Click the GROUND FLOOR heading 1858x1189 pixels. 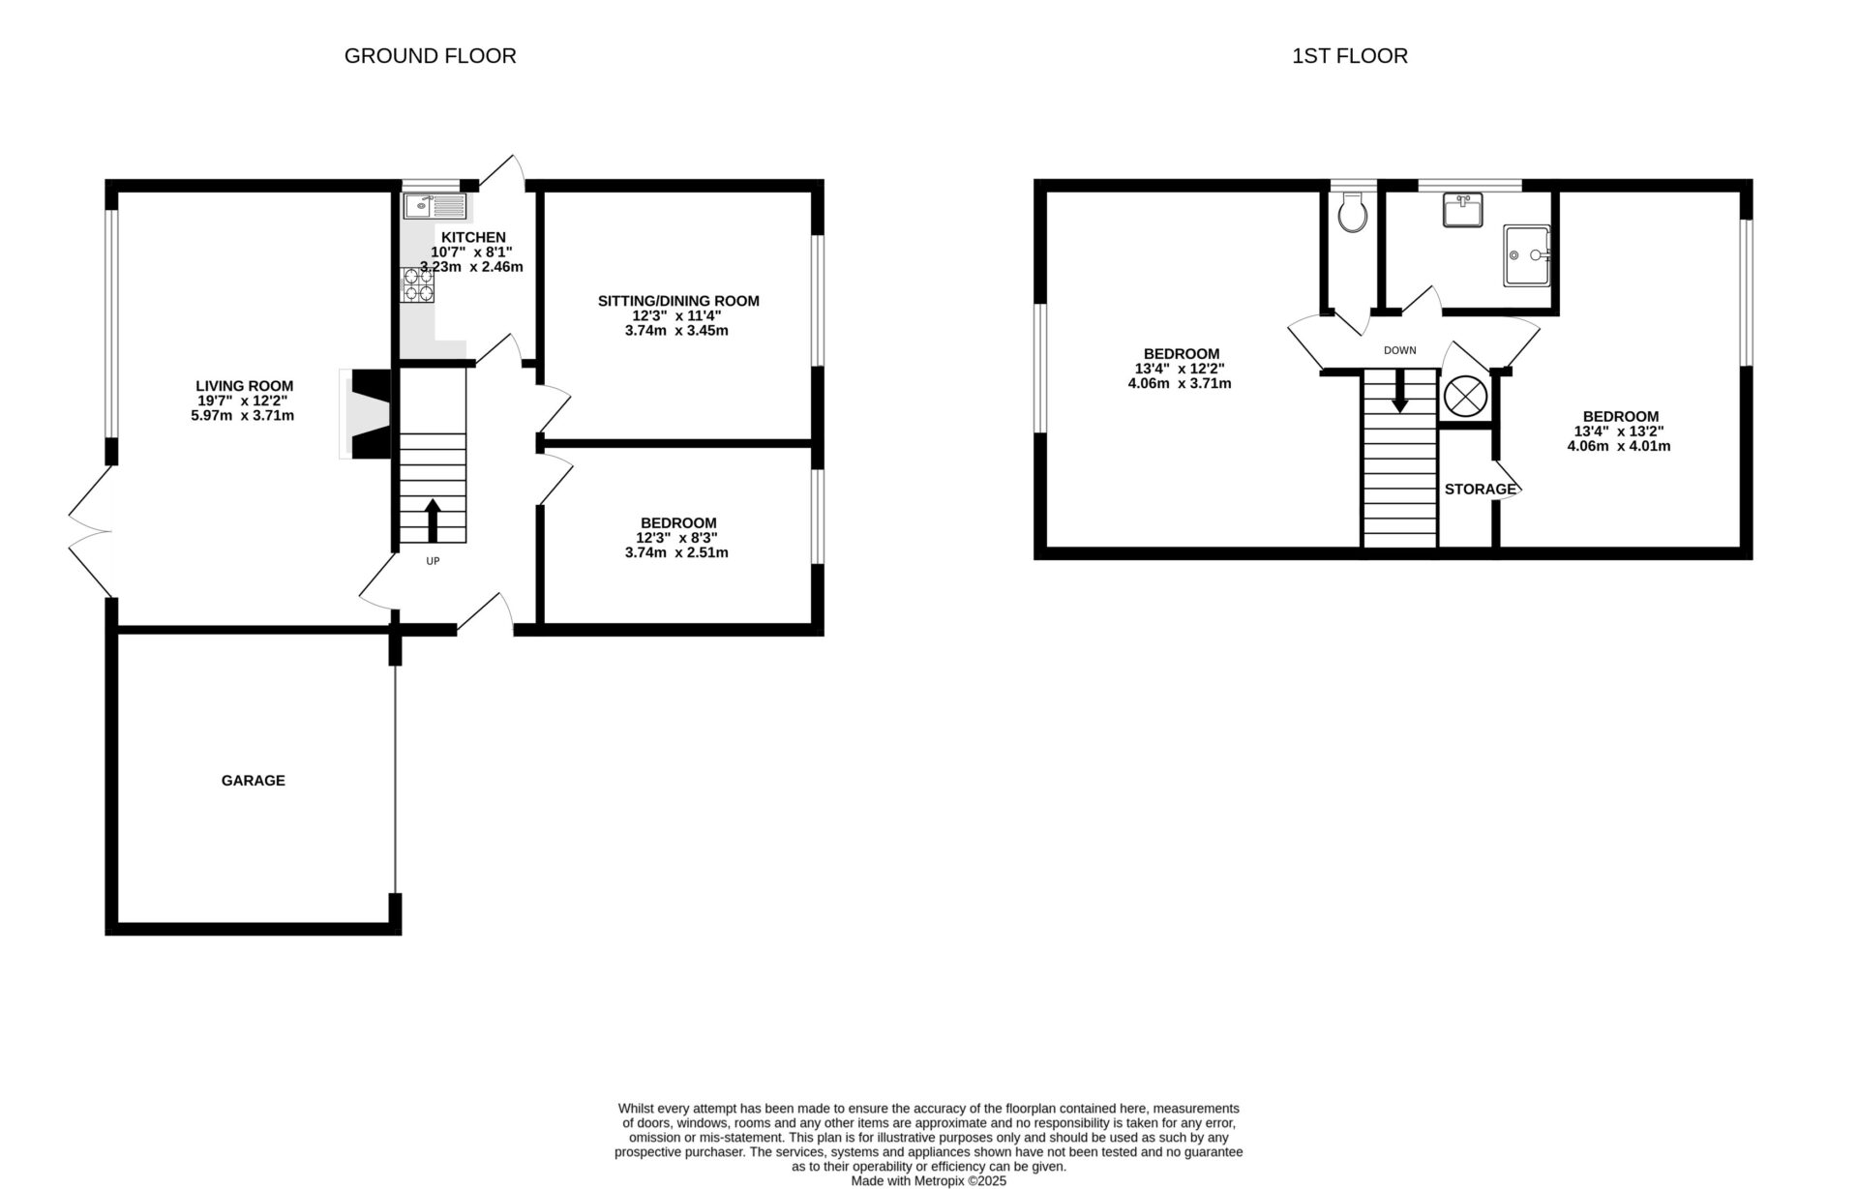pyautogui.click(x=430, y=56)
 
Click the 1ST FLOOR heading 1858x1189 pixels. pyautogui.click(x=1349, y=56)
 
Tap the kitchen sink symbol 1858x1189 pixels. pyautogui.click(x=435, y=205)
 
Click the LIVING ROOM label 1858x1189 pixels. pyautogui.click(x=244, y=386)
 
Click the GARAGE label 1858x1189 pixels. pyautogui.click(x=254, y=781)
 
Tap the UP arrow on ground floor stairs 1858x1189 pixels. pyautogui.click(x=432, y=520)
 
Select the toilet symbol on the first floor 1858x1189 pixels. pyautogui.click(x=1351, y=212)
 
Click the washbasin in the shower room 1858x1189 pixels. pyautogui.click(x=1462, y=210)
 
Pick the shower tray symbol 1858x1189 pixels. pyautogui.click(x=1527, y=255)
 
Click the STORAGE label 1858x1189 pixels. pyautogui.click(x=1480, y=490)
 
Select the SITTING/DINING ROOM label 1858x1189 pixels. pyautogui.click(x=677, y=301)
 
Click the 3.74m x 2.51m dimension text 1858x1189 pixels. pyautogui.click(x=676, y=553)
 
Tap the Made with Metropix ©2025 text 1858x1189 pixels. pyautogui.click(x=928, y=1181)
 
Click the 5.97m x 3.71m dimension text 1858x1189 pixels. pyautogui.click(x=243, y=416)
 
